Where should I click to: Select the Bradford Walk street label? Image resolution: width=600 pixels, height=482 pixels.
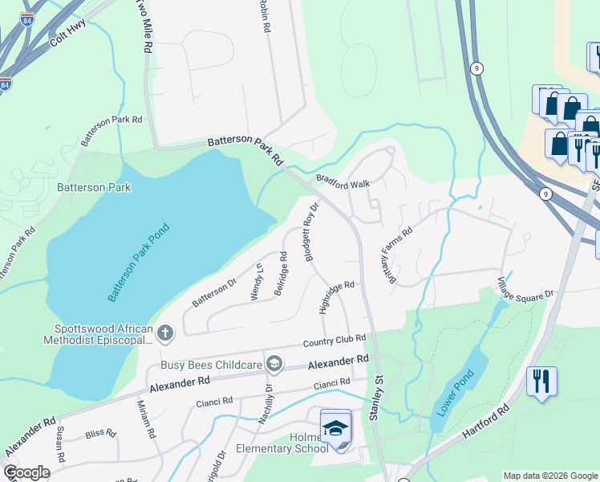tap(343, 182)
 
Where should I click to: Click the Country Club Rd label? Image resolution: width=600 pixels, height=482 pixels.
tap(334, 341)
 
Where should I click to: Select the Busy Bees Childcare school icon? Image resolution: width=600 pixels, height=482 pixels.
tap(274, 365)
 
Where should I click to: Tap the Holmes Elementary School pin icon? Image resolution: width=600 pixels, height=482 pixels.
tap(335, 428)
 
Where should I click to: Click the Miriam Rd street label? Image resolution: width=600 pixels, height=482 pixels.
tap(145, 419)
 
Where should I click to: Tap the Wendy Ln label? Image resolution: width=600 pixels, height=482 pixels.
tap(257, 282)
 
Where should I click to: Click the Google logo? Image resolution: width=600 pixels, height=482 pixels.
tap(26, 472)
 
